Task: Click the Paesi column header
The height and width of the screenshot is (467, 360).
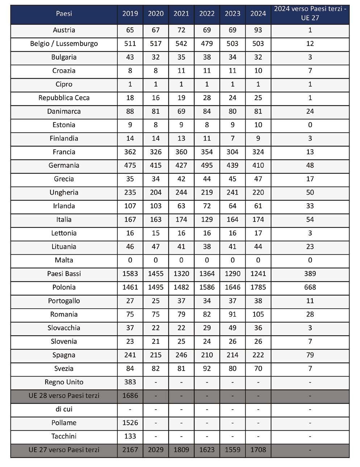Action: (x=64, y=14)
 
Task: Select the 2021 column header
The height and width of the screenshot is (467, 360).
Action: (x=181, y=14)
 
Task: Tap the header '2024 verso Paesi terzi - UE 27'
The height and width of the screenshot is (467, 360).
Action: (x=310, y=14)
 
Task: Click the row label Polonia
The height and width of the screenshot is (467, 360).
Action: (x=64, y=287)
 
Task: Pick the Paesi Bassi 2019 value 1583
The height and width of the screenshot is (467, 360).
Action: (x=130, y=274)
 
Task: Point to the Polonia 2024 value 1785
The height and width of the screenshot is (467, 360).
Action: (x=258, y=287)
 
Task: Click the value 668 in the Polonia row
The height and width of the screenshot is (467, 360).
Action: (x=310, y=287)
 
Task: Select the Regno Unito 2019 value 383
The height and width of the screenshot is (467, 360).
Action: (x=130, y=382)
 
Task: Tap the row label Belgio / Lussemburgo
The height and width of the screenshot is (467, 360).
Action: (x=64, y=44)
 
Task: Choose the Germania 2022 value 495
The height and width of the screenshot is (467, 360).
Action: (x=207, y=166)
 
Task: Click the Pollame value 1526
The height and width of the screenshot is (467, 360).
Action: (x=130, y=423)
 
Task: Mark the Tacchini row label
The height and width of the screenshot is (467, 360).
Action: (x=64, y=436)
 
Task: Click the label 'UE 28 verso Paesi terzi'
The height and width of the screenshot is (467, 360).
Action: (x=64, y=396)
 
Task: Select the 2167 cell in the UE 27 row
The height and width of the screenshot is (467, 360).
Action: (x=130, y=450)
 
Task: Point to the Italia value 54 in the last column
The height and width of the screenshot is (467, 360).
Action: (x=310, y=220)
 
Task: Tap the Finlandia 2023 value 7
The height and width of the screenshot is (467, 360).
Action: (x=233, y=138)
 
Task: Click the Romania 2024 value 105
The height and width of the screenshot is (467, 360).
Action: (x=258, y=314)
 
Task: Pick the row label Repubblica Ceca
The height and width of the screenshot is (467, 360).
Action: (x=64, y=98)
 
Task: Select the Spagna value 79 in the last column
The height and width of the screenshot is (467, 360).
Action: (x=310, y=355)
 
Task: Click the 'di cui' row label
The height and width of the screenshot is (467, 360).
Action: (x=64, y=409)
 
